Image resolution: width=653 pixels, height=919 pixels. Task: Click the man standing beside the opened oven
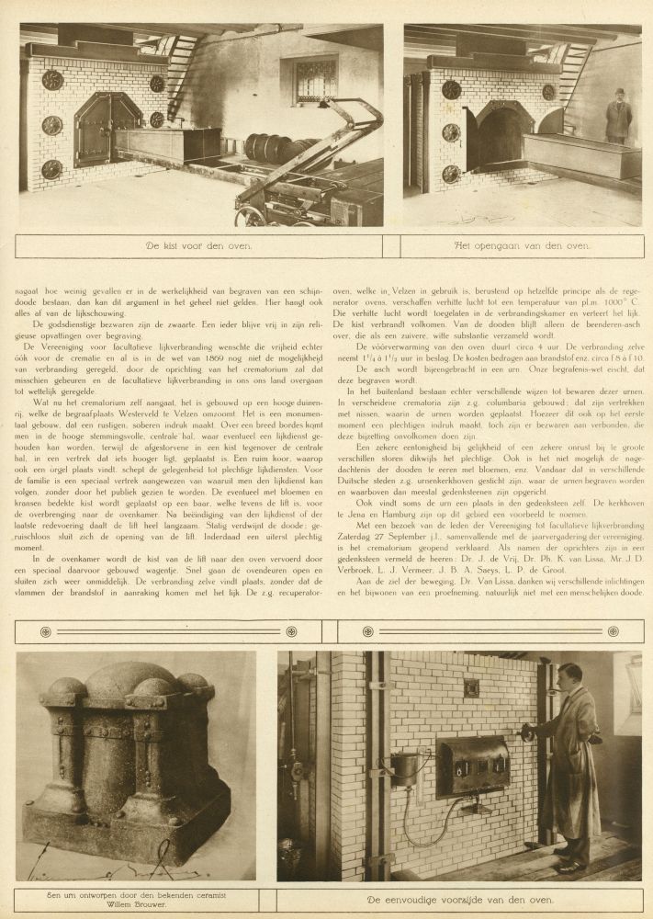pos(618,116)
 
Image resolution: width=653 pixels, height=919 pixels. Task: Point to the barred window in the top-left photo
pos(315,81)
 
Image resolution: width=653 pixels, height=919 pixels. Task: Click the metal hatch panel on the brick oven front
pos(473,765)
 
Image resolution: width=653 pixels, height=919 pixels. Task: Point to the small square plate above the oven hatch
pos(470,687)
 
